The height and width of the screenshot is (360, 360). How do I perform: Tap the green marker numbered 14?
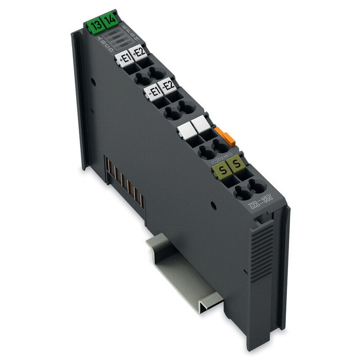109,22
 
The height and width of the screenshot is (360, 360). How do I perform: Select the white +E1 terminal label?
124,58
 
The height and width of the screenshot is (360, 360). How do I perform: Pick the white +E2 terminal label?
139,52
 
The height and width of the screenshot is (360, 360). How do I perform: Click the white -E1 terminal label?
153,92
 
